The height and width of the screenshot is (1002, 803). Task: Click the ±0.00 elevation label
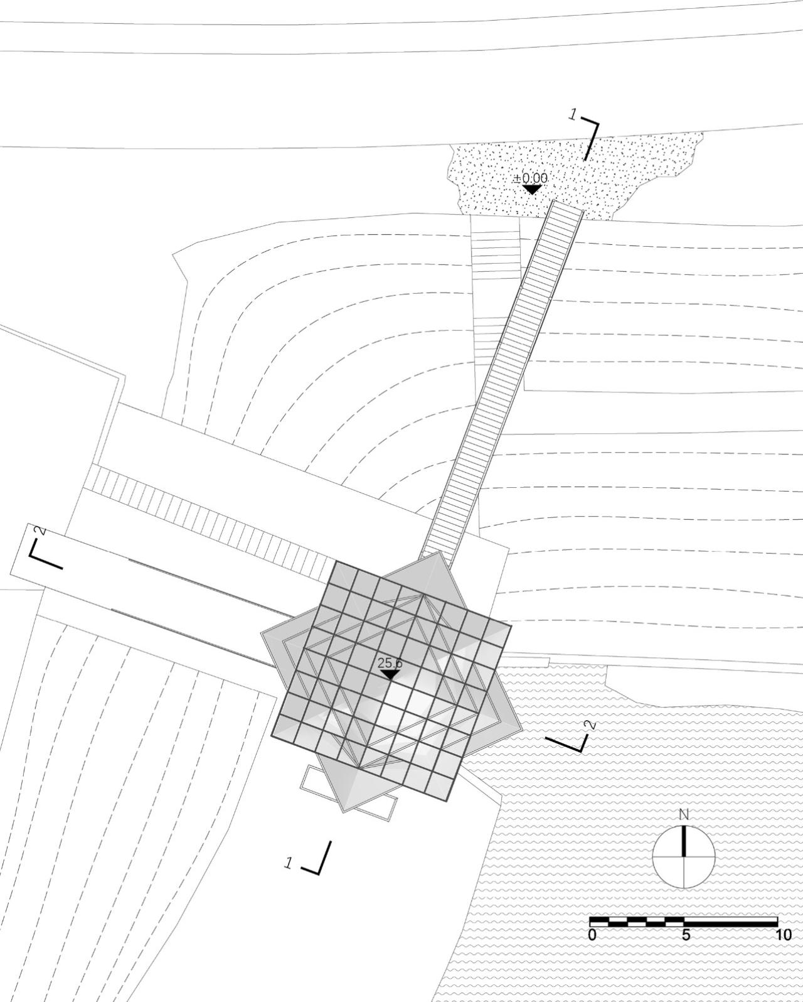(534, 178)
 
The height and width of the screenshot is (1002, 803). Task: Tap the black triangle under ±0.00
(533, 189)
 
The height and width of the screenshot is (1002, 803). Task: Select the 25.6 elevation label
(390, 663)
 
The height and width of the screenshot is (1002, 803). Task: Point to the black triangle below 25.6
(390, 674)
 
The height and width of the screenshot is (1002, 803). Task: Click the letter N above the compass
(684, 815)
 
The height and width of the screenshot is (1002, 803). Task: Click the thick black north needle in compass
(684, 841)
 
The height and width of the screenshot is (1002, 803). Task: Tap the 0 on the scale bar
(593, 935)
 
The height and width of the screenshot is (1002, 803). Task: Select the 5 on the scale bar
(686, 935)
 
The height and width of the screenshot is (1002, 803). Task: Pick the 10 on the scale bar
(783, 935)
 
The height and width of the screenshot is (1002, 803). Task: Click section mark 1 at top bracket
(572, 114)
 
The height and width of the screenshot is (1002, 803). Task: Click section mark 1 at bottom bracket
(289, 863)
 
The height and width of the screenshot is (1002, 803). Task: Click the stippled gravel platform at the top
(627, 170)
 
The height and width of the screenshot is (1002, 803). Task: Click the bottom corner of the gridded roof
(447, 800)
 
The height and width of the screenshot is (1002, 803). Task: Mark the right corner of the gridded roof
(511, 625)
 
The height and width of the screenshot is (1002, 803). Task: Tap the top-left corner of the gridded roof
(336, 561)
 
